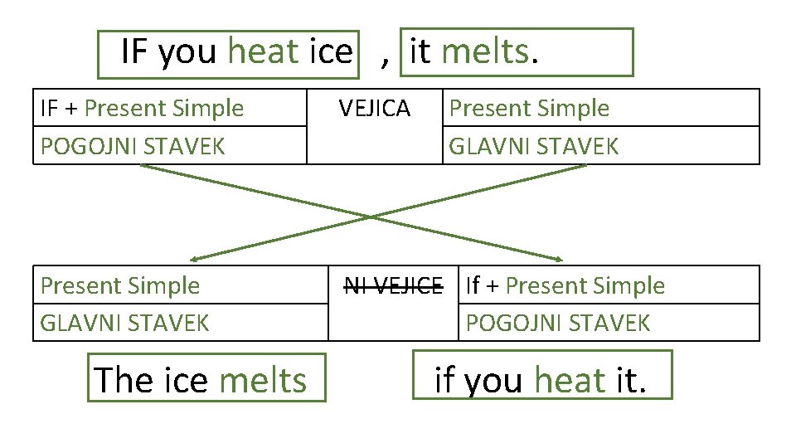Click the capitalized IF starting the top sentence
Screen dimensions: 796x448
[x=136, y=52]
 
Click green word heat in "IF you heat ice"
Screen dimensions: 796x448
[x=262, y=52]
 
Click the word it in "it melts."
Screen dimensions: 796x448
[x=420, y=52]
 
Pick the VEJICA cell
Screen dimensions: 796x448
[x=375, y=109]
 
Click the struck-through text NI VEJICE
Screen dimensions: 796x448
[x=393, y=286]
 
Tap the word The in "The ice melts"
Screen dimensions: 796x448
[x=124, y=380]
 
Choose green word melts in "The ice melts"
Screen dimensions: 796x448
[x=263, y=380]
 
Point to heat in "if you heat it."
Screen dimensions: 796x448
[x=570, y=380]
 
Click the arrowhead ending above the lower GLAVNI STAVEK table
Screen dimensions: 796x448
[x=193, y=258]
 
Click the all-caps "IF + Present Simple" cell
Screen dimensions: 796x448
[x=142, y=109]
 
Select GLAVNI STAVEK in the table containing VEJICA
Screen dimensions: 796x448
[x=533, y=146]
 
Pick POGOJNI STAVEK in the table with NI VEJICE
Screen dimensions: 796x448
[x=557, y=323]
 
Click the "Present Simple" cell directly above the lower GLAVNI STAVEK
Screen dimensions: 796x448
[x=120, y=286]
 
